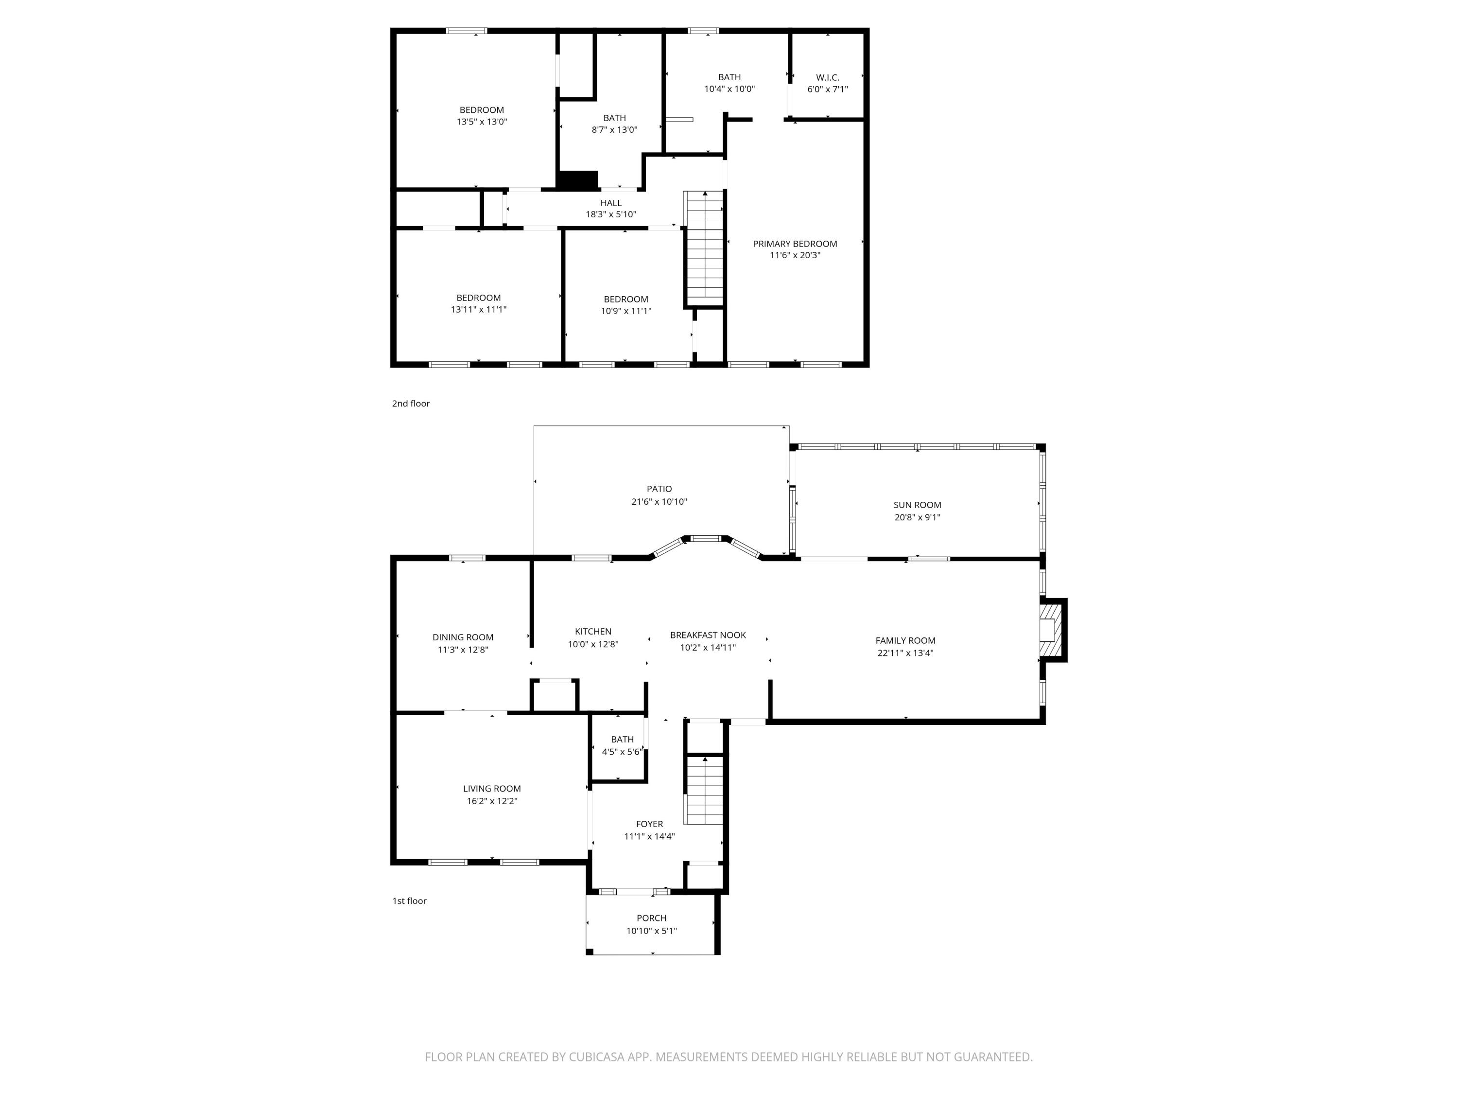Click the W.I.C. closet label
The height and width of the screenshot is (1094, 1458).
click(x=827, y=77)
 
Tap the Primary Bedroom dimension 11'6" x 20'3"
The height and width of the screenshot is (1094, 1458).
click(x=795, y=255)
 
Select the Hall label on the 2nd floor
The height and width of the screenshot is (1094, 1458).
click(x=610, y=203)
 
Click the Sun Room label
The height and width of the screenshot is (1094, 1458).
click(x=917, y=505)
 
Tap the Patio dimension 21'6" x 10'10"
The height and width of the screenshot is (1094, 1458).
click(x=659, y=501)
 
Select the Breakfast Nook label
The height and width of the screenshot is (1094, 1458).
click(x=708, y=635)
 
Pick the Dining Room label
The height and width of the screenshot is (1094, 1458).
click(x=463, y=637)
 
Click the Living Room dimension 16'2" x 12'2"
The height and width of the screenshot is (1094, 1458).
click(x=492, y=801)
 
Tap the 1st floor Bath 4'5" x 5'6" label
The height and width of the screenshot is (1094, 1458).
click(x=622, y=739)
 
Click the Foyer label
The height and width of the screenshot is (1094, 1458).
click(x=649, y=824)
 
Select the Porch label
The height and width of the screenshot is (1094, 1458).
click(x=651, y=918)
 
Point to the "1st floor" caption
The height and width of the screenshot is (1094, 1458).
click(x=409, y=901)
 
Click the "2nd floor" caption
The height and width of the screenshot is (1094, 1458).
click(x=411, y=404)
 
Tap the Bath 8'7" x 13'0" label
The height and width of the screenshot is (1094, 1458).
click(x=614, y=118)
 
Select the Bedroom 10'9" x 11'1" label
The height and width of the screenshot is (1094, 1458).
click(x=625, y=300)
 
